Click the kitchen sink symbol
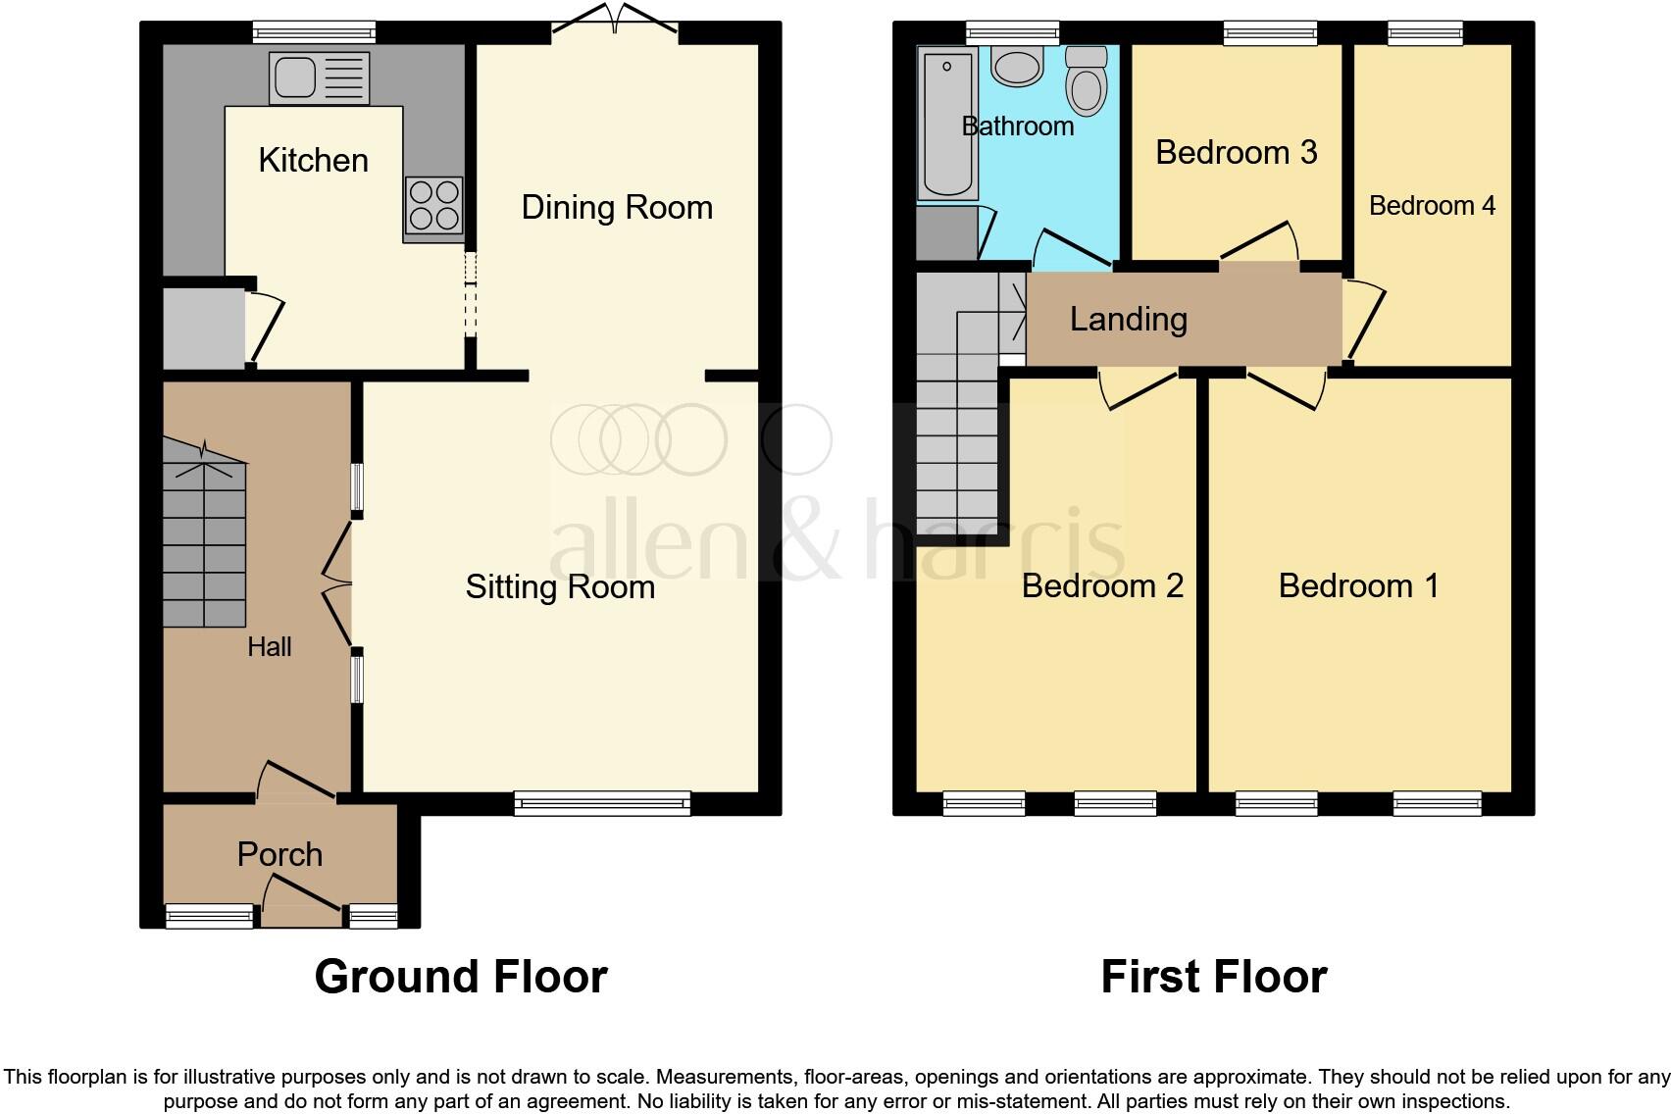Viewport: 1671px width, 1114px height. (320, 78)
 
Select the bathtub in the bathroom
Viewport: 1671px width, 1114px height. (947, 125)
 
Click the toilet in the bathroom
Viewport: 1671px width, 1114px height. (1086, 81)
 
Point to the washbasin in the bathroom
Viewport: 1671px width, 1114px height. (1017, 68)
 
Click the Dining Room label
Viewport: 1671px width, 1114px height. (617, 207)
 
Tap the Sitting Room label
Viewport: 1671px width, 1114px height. (560, 586)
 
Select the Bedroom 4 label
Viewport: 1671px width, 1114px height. (1432, 205)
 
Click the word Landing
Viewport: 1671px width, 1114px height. (1128, 319)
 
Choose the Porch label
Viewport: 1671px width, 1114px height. (279, 854)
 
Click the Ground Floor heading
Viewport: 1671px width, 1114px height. (461, 977)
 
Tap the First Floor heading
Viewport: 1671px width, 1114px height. (1213, 977)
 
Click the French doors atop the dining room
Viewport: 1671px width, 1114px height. (615, 22)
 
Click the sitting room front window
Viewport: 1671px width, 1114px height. (602, 804)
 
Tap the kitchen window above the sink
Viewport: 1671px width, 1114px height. (314, 32)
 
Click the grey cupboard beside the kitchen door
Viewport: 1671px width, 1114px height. (203, 327)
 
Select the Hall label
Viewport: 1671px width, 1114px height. (270, 647)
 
